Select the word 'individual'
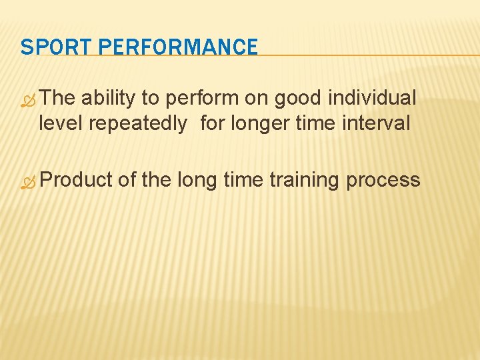[x=373, y=99]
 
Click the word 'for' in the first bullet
[x=212, y=123]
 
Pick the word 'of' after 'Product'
[x=127, y=180]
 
